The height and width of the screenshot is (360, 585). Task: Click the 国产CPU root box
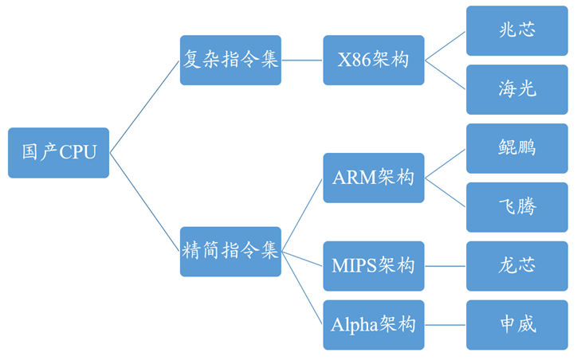pyautogui.click(x=58, y=152)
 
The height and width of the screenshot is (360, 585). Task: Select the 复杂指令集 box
pyautogui.click(x=230, y=60)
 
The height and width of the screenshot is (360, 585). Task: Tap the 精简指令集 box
pyautogui.click(x=230, y=251)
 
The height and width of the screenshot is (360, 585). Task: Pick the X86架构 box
pyautogui.click(x=373, y=60)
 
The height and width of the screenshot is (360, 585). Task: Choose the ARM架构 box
pyautogui.click(x=373, y=177)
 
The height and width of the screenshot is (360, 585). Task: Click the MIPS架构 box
pyautogui.click(x=373, y=265)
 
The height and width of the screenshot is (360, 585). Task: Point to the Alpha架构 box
pyautogui.click(x=373, y=324)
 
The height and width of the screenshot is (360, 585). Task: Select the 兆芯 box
pyautogui.click(x=516, y=30)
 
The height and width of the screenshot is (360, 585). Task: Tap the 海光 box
pyautogui.click(x=516, y=89)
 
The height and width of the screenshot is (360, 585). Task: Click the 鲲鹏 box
pyautogui.click(x=516, y=148)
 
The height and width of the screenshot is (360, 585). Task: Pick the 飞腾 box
pyautogui.click(x=516, y=207)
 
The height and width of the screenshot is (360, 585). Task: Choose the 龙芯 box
pyautogui.click(x=516, y=265)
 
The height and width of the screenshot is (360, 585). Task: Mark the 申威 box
pyautogui.click(x=516, y=324)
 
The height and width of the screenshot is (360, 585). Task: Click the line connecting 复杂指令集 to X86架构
pyautogui.click(x=302, y=60)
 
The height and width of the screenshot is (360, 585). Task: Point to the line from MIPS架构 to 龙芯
pyautogui.click(x=445, y=265)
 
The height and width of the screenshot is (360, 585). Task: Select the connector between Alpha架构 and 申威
pyautogui.click(x=445, y=324)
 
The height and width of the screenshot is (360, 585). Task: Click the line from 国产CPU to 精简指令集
pyautogui.click(x=144, y=202)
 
